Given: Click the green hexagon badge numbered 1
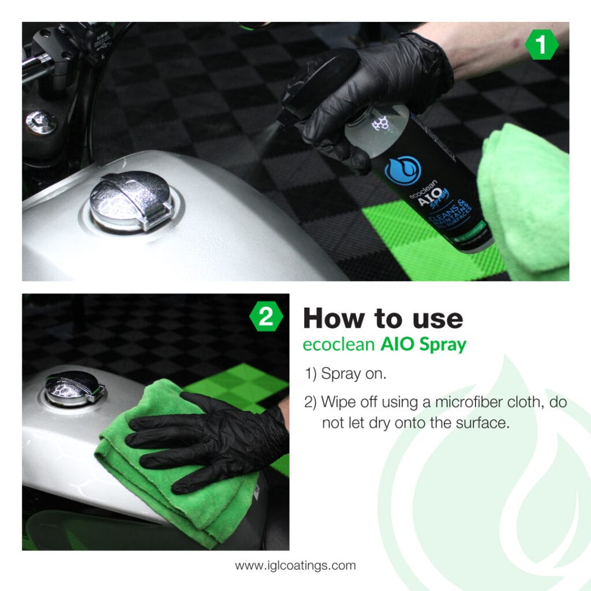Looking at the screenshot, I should (x=541, y=46).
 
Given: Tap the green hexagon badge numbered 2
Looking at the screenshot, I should (x=266, y=317).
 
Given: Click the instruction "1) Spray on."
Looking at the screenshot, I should (x=345, y=373).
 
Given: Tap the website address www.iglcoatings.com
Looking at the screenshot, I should (x=295, y=565).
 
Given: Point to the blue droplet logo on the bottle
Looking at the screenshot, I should (x=403, y=170).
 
